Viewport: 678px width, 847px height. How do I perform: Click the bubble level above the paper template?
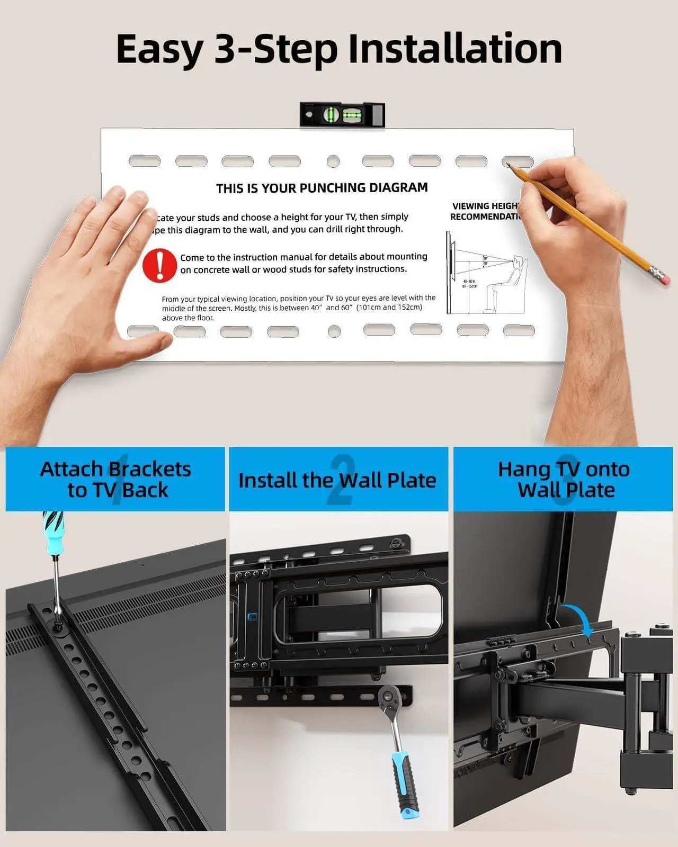[342, 115]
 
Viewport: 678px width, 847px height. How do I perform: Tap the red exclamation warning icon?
[159, 265]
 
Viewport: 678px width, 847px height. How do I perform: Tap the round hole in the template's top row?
[333, 161]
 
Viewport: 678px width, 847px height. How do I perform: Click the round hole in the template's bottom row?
[334, 331]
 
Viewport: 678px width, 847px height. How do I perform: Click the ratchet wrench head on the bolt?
[390, 696]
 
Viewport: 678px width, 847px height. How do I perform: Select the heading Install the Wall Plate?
[337, 480]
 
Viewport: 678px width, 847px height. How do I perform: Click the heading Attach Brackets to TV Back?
[116, 479]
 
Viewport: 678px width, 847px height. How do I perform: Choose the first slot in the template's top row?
[144, 161]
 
